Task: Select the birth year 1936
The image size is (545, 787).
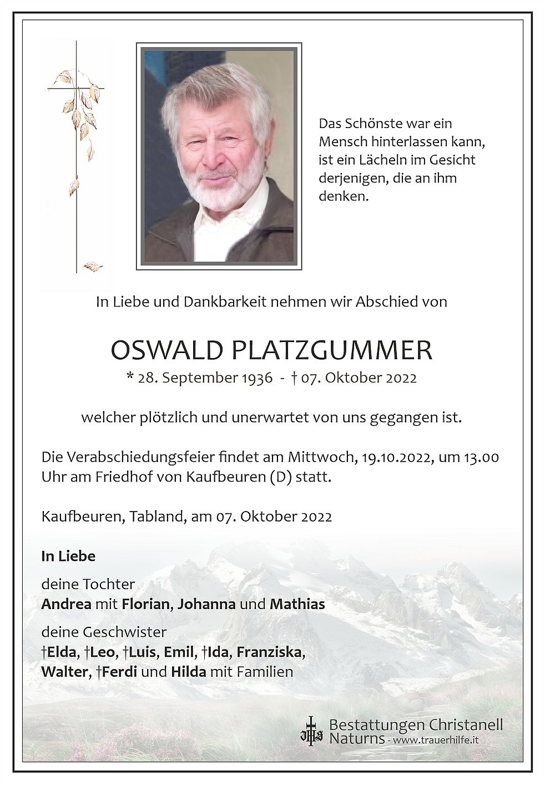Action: click(257, 378)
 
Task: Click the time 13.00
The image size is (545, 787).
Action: click(481, 457)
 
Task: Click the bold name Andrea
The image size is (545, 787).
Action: click(66, 604)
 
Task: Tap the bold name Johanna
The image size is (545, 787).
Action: click(206, 604)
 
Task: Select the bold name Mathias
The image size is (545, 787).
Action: click(297, 604)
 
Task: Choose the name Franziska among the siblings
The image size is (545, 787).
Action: click(269, 652)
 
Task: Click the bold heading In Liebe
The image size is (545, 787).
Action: click(68, 556)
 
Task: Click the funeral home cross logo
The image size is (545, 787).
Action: click(311, 730)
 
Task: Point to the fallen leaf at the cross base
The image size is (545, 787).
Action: click(93, 267)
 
